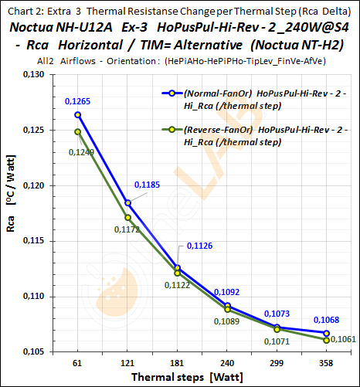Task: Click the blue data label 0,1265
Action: [x=77, y=100]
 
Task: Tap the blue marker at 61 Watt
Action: [x=78, y=114]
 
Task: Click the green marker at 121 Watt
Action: [x=127, y=217]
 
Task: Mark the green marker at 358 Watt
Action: [x=327, y=340]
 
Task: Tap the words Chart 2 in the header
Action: [x=22, y=9]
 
